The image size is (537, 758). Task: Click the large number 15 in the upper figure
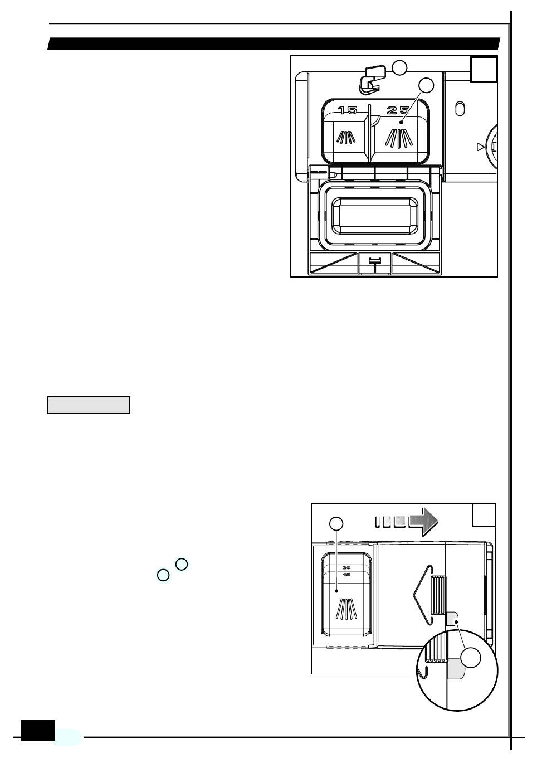click(x=348, y=110)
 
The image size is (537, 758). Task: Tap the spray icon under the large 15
click(x=346, y=137)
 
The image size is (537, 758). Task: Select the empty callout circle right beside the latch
click(x=399, y=68)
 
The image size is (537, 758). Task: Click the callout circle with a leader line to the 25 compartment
click(x=426, y=85)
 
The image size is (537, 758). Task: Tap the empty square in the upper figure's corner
click(x=484, y=69)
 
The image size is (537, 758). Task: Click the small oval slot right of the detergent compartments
click(x=460, y=109)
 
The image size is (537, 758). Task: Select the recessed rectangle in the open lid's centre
click(x=374, y=216)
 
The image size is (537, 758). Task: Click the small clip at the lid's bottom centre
click(x=375, y=261)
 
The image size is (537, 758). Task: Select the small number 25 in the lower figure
click(x=346, y=567)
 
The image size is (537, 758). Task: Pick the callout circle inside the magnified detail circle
click(x=472, y=658)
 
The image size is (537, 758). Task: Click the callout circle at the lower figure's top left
click(x=336, y=524)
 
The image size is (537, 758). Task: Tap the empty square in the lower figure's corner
click(x=484, y=515)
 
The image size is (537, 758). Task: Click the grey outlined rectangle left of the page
click(x=89, y=405)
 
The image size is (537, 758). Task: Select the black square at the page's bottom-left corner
click(x=38, y=730)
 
